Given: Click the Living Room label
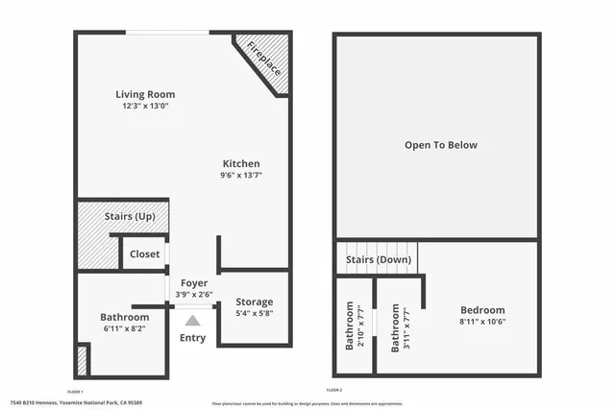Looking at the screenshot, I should pos(145,94).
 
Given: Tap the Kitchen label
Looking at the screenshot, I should pos(241,163).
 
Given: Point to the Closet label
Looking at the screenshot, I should pos(144,254).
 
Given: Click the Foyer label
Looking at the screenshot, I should pos(194,282).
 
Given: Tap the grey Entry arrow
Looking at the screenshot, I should pos(193,321).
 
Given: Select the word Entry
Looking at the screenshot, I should pos(193,337).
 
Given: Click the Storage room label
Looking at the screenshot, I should pos(255,301).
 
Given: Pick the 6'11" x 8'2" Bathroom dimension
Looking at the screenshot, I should pos(125,328).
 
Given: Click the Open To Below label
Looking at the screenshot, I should pos(440,145).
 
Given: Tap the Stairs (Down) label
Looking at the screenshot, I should pos(380,259).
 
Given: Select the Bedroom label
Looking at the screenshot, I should pos(481,310).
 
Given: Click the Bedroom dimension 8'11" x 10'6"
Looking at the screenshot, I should pos(481,322).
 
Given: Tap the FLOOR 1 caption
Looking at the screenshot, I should pos(76,391).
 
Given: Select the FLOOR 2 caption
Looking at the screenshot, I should pos(334,391).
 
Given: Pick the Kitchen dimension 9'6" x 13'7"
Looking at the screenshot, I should pos(241,175).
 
